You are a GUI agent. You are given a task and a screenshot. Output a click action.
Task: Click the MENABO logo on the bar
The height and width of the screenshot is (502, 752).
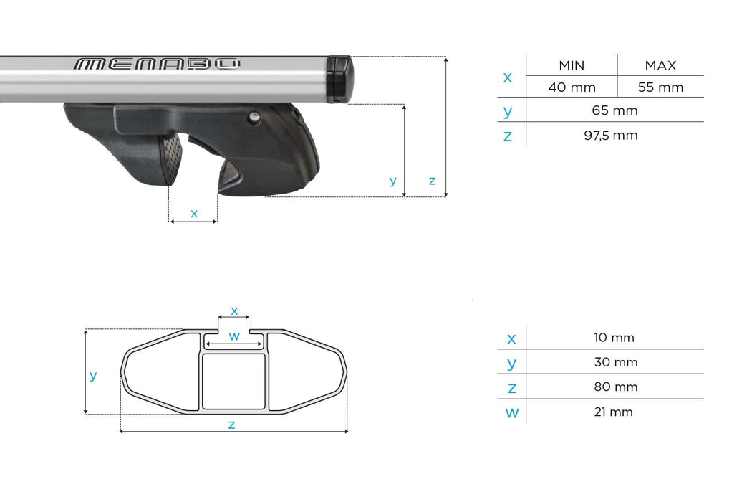click(157, 64)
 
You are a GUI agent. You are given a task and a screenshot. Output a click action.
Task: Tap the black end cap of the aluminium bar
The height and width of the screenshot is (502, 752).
click(340, 78)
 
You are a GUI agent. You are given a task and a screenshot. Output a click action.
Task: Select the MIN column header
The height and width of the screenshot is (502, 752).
click(572, 65)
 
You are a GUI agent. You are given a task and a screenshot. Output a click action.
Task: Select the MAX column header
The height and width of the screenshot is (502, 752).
click(660, 65)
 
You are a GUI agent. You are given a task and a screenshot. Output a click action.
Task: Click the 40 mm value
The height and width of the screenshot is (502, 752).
click(572, 87)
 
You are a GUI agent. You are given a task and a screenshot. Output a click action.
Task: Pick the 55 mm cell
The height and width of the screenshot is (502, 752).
click(660, 87)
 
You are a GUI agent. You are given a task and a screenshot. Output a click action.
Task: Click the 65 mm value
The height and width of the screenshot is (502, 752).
click(615, 110)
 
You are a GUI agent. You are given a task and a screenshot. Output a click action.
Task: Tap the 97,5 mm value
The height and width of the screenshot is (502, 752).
click(615, 135)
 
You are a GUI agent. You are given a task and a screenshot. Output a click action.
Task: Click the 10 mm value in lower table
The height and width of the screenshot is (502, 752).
click(615, 338)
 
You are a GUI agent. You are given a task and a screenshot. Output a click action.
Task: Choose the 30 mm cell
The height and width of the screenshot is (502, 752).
click(615, 362)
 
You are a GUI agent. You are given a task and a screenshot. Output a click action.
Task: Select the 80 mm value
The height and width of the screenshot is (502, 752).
click(615, 387)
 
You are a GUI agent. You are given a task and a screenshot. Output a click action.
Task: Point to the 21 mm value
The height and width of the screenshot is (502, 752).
click(615, 412)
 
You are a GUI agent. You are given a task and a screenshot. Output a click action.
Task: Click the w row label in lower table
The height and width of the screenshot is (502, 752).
click(511, 412)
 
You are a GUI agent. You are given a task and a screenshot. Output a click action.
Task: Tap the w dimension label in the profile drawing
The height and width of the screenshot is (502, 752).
click(233, 336)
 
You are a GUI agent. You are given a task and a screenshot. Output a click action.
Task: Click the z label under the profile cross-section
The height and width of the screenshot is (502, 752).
click(231, 424)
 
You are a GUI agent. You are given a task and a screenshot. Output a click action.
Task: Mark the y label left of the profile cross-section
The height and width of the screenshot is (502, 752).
click(92, 375)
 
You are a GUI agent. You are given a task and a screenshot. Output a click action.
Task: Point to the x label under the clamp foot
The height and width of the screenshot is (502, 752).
click(193, 213)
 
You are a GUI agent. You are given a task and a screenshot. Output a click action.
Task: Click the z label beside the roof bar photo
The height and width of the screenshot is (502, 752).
click(432, 181)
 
